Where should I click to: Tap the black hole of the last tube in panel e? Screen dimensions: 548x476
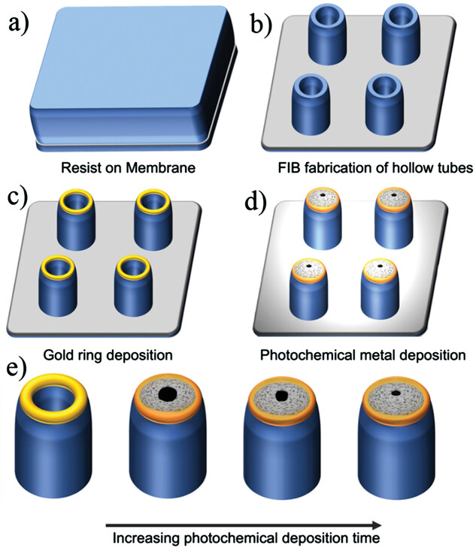click(x=394, y=390)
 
